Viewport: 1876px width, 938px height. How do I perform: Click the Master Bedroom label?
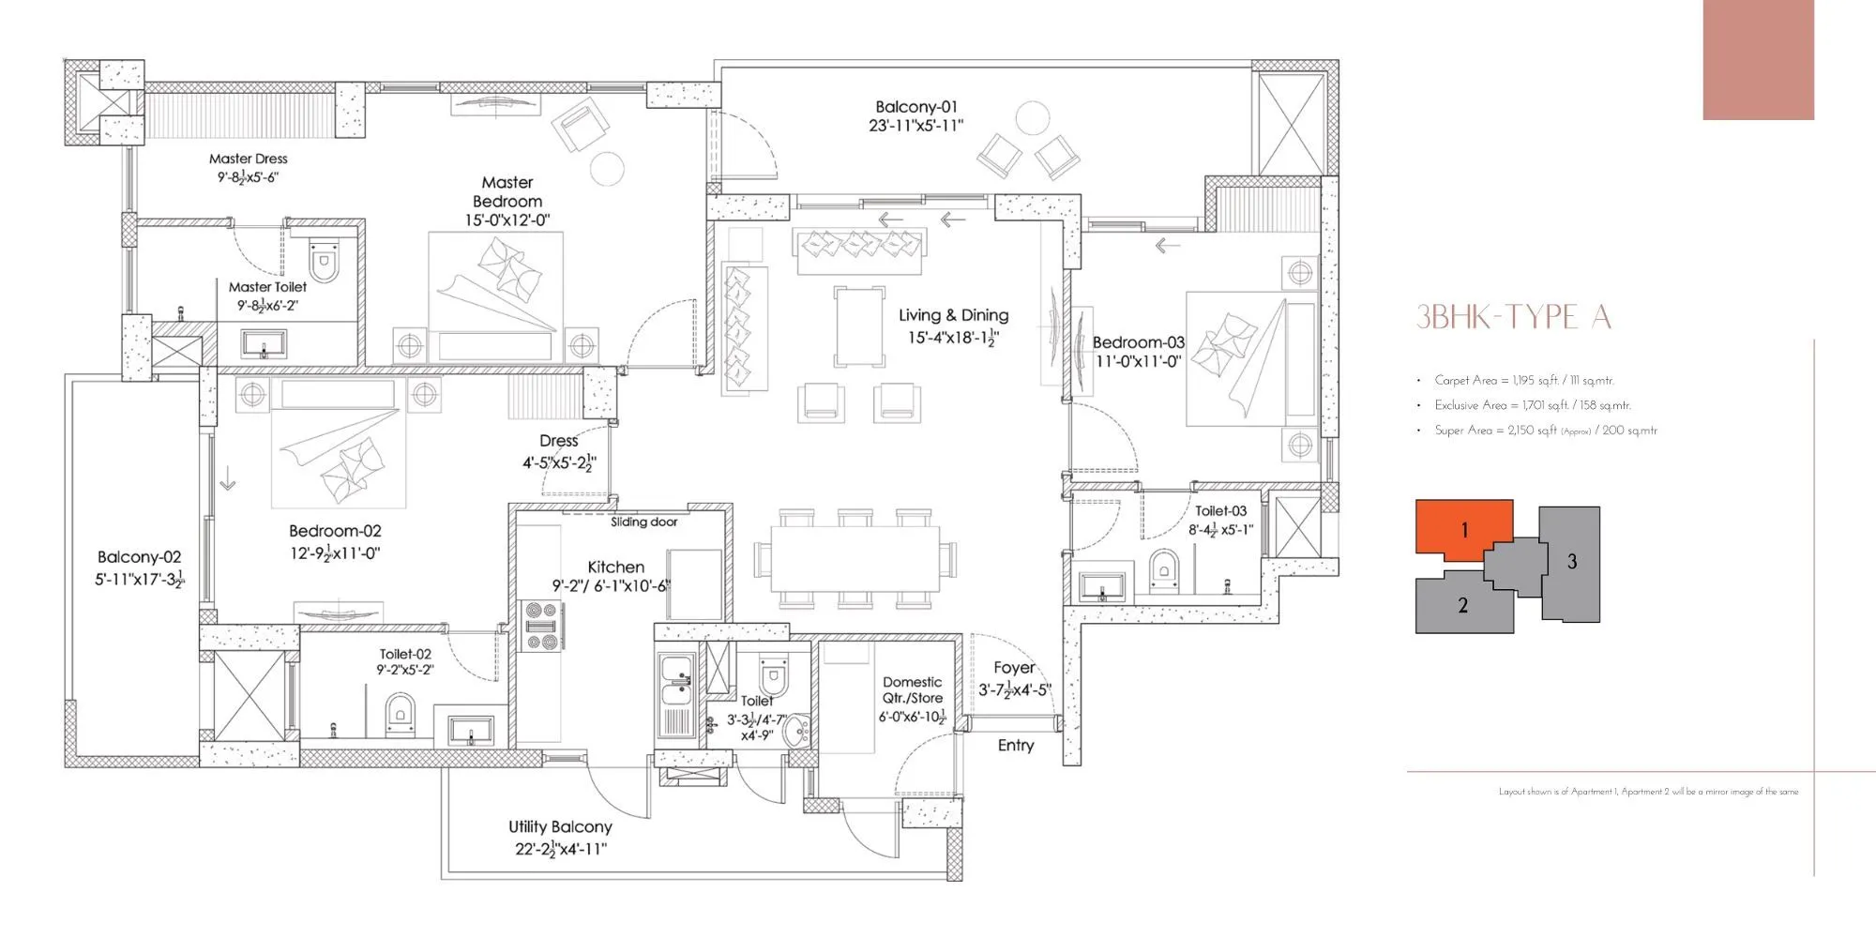(507, 191)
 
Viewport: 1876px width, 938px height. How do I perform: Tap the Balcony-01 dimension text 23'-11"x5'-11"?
(915, 126)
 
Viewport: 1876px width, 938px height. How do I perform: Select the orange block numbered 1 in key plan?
(1462, 530)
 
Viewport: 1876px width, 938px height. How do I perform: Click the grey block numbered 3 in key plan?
(1571, 563)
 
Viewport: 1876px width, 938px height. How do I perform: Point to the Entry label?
(1015, 745)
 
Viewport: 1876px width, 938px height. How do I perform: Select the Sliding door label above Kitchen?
(643, 522)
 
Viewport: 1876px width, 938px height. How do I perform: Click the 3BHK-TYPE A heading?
(1513, 318)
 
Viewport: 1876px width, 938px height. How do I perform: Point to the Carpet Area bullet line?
(1523, 380)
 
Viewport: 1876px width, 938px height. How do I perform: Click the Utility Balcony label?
(560, 826)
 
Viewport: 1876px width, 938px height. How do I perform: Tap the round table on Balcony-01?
(1032, 119)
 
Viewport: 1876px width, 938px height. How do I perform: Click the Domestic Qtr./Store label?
(912, 689)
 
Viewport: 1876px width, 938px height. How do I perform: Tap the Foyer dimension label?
(1014, 690)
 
